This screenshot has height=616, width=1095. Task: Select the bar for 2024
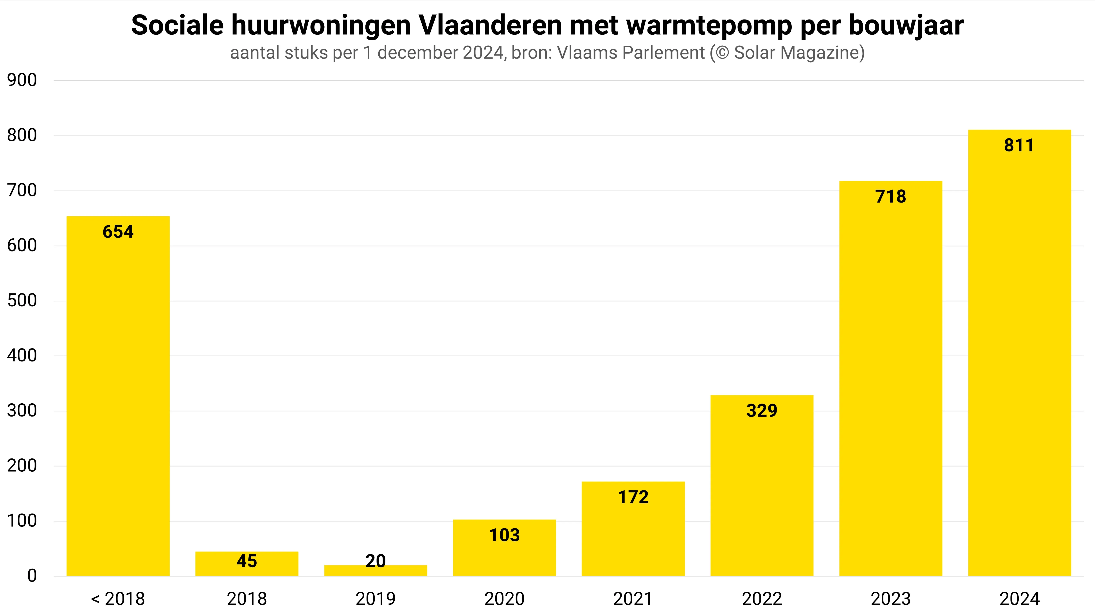[x=1019, y=353]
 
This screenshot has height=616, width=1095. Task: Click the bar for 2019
[x=375, y=571]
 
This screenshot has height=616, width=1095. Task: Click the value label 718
[x=890, y=196]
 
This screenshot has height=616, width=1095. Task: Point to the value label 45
[x=246, y=561]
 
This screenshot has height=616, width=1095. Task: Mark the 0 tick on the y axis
[x=32, y=576]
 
